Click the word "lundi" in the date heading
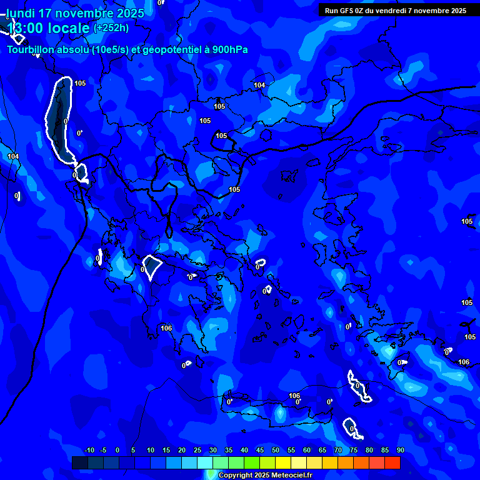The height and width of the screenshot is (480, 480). [x=21, y=13]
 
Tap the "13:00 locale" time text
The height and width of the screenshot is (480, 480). [x=49, y=28]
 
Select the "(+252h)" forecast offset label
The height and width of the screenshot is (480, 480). [x=111, y=27]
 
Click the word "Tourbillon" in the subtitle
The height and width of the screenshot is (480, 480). [x=32, y=50]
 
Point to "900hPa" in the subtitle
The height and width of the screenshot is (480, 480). [x=229, y=50]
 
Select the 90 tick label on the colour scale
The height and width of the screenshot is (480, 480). [x=400, y=451]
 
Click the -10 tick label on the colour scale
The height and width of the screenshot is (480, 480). [x=89, y=451]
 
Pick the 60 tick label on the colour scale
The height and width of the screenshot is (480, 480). [x=306, y=451]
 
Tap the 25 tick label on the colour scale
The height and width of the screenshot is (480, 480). [x=197, y=451]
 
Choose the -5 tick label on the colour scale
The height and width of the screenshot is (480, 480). [x=104, y=451]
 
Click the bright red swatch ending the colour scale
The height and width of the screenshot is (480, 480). [x=392, y=462]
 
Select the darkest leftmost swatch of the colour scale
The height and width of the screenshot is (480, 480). [x=79, y=462]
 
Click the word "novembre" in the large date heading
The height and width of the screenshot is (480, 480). [x=86, y=13]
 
